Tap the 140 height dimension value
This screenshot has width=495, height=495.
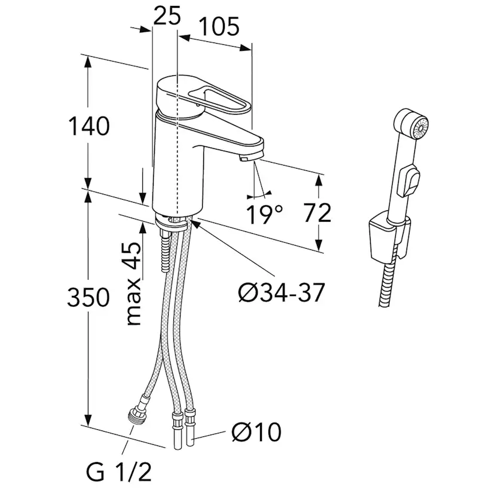[x=88, y=126]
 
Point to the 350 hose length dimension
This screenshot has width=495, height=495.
[x=88, y=298]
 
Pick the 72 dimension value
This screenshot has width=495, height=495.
[x=317, y=213]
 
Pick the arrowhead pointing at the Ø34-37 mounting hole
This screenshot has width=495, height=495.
[x=195, y=223]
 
